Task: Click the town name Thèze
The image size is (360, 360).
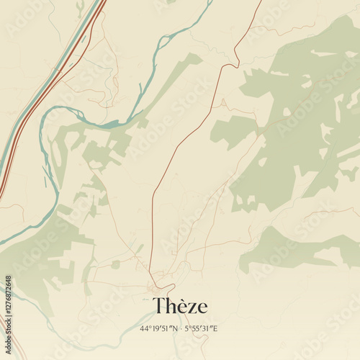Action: coord(180,306)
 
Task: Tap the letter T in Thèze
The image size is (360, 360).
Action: coord(158,306)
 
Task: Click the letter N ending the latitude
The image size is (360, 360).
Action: coord(176,328)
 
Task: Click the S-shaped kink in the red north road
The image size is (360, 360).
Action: coord(230,66)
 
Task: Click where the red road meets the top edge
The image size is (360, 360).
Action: coord(261,1)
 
